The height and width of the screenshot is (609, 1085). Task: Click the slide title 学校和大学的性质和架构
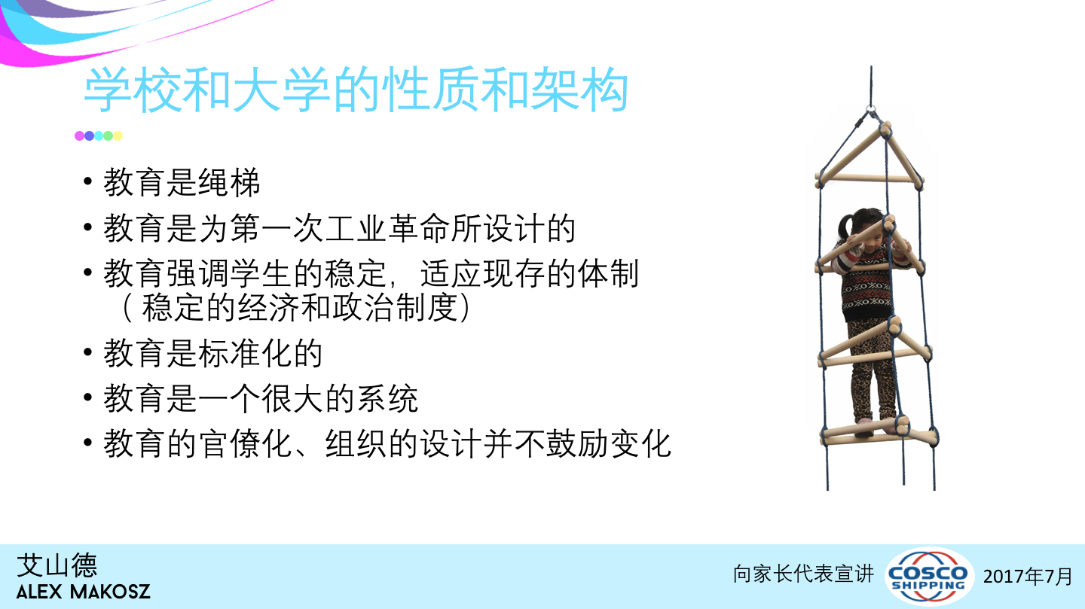pos(356,90)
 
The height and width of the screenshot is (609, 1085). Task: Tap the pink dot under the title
pos(79,136)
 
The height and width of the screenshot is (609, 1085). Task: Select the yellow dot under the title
pos(118,136)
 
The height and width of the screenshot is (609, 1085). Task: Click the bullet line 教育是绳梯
pos(182,182)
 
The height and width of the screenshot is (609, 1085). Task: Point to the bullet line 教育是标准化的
pos(212,353)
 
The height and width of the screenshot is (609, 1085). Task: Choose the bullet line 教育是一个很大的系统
pos(261,398)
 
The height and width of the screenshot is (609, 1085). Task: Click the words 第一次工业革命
pos(340,228)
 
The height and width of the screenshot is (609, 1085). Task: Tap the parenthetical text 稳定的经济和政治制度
pos(300,307)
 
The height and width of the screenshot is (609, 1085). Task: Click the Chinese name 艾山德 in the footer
pos(57,565)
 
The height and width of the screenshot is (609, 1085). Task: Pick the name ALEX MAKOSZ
pos(84,592)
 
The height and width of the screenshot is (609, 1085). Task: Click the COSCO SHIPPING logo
pos(929,576)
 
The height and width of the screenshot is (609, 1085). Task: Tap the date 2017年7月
pos(1028,576)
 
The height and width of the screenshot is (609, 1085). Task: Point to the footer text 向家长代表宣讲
pos(803,574)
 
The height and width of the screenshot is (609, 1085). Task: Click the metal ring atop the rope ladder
pos(871,110)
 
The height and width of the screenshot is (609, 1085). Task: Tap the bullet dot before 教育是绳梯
pos(87,181)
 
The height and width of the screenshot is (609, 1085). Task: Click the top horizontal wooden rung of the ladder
pos(869,178)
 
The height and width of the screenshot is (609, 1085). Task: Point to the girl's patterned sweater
pos(867,285)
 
